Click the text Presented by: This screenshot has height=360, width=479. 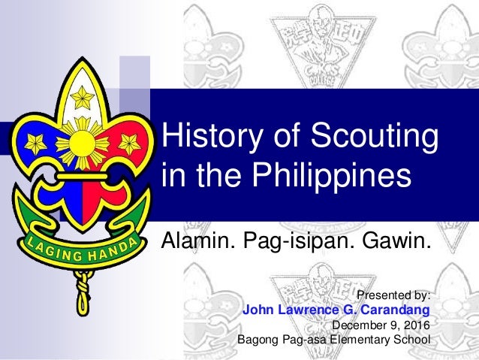[x=396, y=295]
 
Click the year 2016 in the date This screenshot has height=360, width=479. [x=417, y=325]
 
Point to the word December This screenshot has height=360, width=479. [x=357, y=325]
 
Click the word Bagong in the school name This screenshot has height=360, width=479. [x=258, y=340]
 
